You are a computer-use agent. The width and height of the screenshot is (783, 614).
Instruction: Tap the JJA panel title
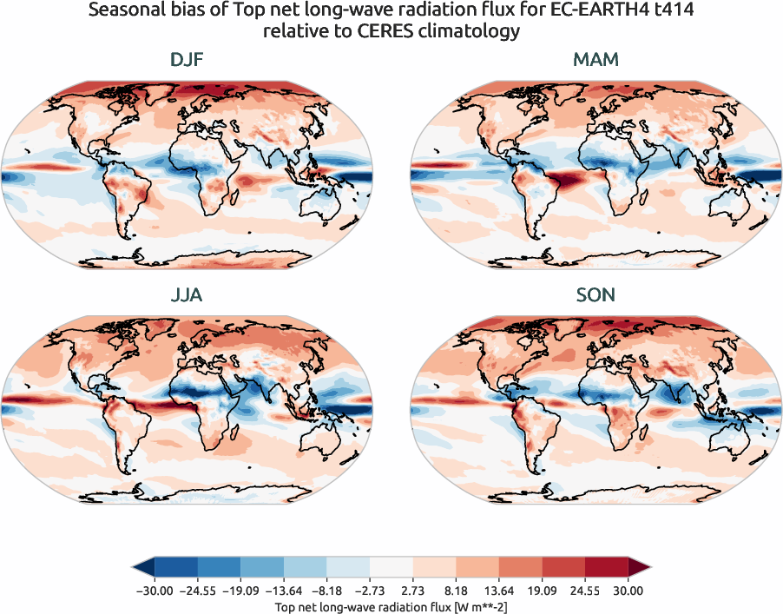[x=188, y=295]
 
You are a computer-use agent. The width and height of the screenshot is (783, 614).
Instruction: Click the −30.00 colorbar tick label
[x=155, y=591]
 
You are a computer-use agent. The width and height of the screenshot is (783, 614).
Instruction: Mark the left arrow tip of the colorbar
[x=134, y=568]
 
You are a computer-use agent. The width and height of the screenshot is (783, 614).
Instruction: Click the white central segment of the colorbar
[x=391, y=568]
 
